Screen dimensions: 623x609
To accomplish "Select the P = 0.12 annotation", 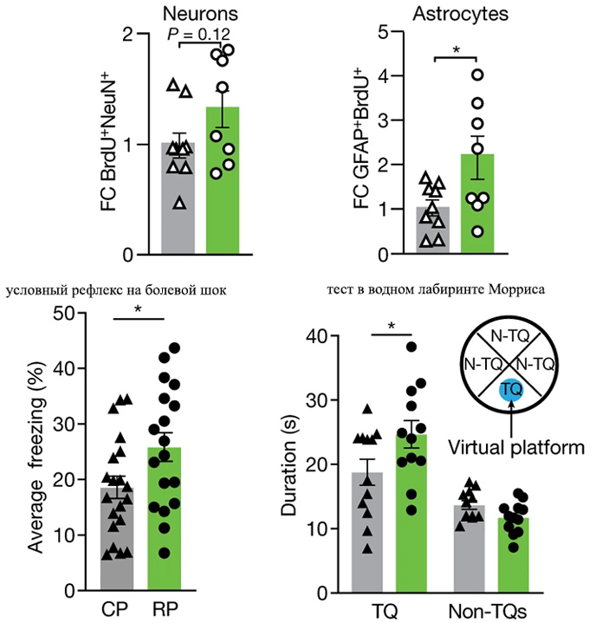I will [199, 35].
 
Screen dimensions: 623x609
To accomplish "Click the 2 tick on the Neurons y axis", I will [129, 35].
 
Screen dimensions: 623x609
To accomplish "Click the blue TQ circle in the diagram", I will [512, 391].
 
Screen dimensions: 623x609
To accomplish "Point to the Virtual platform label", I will [517, 448].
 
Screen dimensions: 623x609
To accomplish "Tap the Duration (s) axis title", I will [288, 464].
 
